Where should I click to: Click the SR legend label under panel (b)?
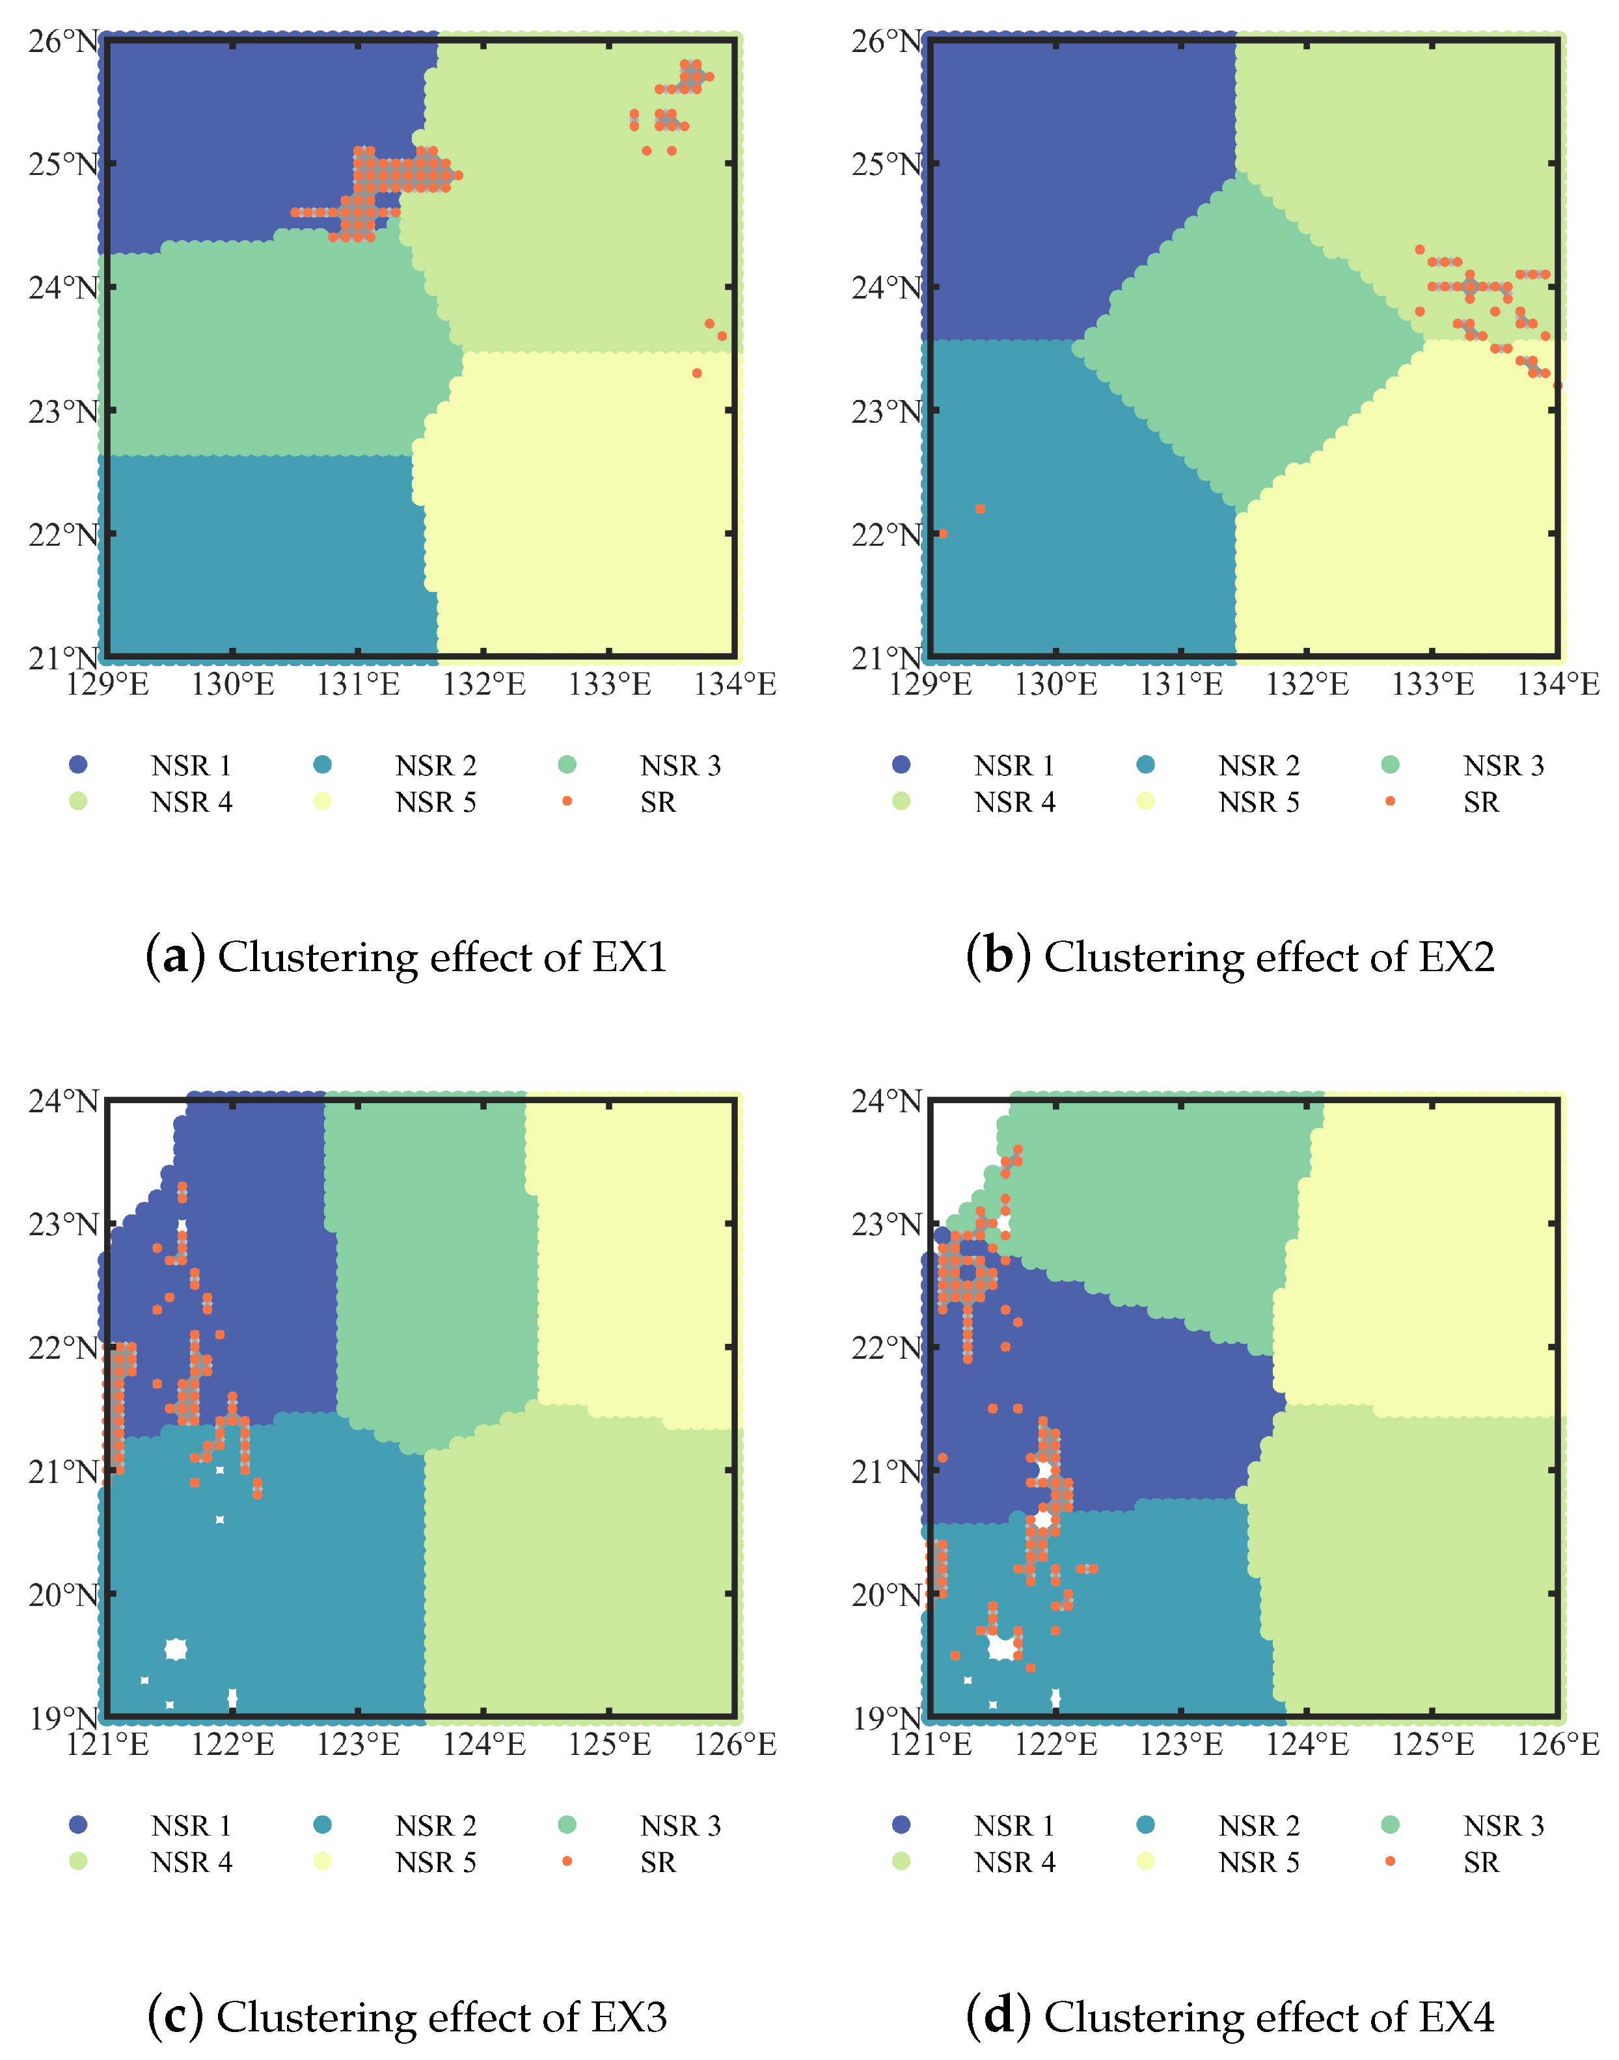click(x=1480, y=803)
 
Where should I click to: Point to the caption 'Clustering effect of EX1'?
click(x=442, y=957)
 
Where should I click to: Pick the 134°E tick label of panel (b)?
click(x=1557, y=684)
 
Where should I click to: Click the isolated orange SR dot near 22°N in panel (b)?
click(x=980, y=509)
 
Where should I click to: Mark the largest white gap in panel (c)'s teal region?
click(x=175, y=1650)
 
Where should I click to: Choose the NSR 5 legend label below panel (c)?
click(x=436, y=1863)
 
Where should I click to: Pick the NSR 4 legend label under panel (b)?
click(x=1014, y=803)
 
